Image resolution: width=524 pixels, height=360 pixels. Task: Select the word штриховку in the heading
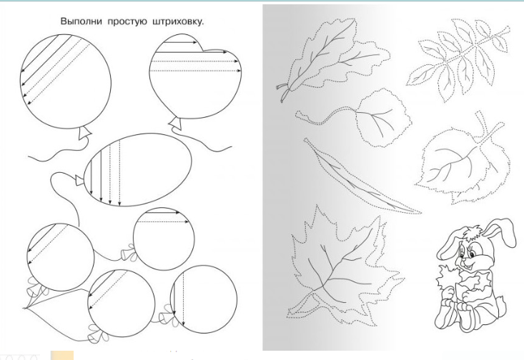pos(178,22)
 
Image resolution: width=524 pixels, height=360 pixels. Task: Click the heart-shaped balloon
pos(195,76)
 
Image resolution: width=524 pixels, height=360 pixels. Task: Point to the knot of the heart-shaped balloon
pos(176,123)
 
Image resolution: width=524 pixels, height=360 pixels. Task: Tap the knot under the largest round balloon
pos(84,134)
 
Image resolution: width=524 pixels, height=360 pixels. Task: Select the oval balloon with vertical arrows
pos(139,170)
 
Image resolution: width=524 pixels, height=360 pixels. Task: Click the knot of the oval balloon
pos(79,180)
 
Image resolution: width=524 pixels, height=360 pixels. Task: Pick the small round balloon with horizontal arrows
pos(164,239)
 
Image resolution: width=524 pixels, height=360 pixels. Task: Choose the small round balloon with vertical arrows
pos(204,299)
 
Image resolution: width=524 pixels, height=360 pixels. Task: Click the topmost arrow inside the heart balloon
pos(180,42)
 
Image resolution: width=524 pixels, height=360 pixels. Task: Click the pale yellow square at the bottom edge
pos(61,355)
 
